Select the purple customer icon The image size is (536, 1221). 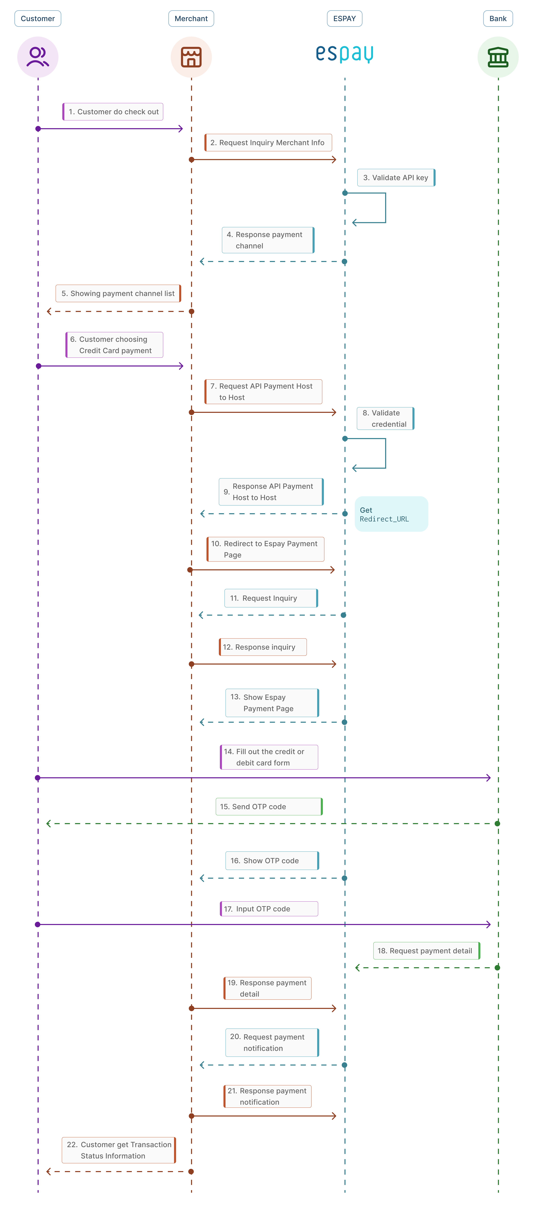pos(38,57)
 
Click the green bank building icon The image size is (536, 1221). pos(498,57)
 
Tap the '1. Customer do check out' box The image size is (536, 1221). pos(113,112)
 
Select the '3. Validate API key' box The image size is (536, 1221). pos(396,178)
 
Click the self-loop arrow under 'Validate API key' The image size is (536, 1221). pos(385,208)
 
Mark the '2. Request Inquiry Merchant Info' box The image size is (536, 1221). pos(268,143)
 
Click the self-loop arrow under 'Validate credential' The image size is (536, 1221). pos(385,453)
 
